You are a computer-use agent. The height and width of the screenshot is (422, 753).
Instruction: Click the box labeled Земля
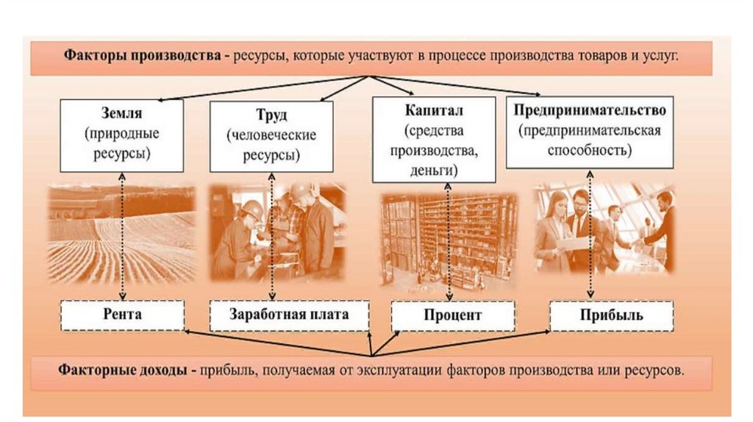[x=122, y=135]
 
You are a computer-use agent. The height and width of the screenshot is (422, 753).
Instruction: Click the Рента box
[x=122, y=315]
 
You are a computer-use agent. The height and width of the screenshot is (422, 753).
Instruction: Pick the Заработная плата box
[x=278, y=315]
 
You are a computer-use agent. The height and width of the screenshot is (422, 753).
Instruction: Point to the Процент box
[x=452, y=315]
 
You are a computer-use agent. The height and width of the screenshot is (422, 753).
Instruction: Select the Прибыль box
[x=610, y=315]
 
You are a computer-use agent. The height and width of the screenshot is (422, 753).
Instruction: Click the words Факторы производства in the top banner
[x=143, y=56]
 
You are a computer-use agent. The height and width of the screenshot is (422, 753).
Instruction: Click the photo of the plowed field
[x=122, y=233]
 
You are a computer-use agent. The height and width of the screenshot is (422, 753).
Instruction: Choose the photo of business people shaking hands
[x=604, y=228]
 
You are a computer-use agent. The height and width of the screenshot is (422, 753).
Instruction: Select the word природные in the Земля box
[x=122, y=135]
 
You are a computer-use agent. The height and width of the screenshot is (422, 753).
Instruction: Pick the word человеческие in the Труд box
[x=272, y=136]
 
